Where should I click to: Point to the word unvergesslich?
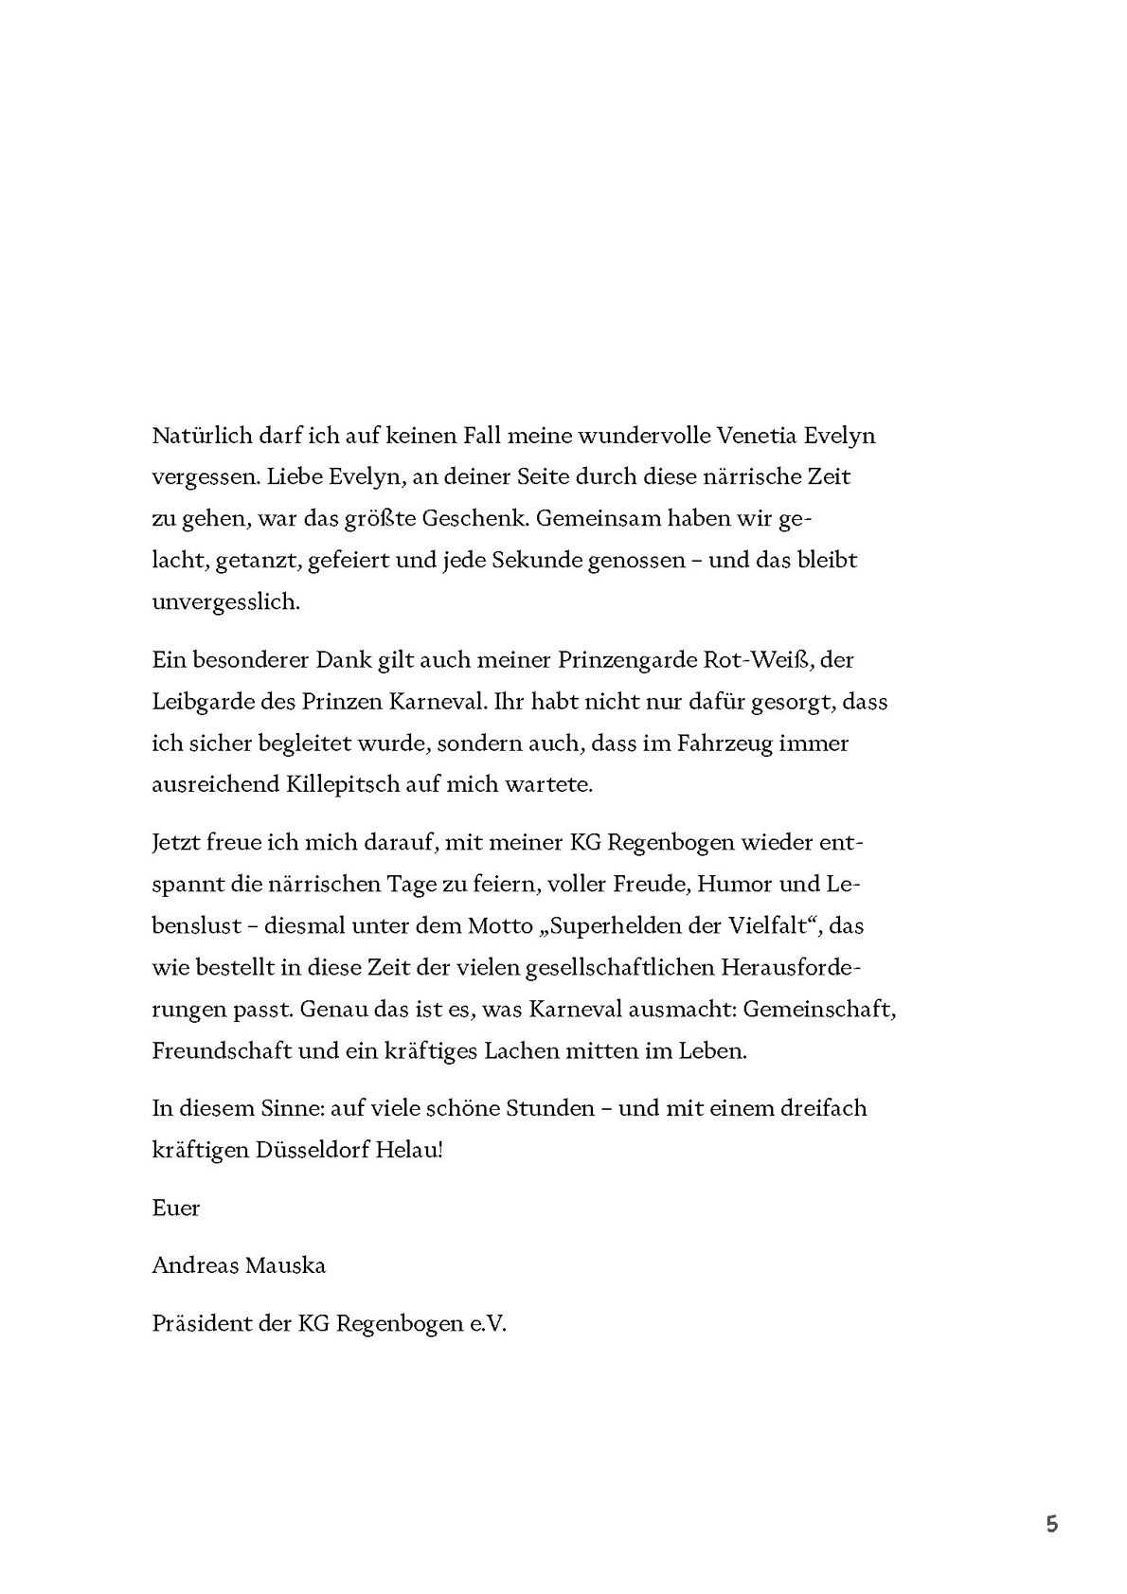[225, 602]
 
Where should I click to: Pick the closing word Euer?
[175, 1209]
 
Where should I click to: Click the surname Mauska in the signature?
[285, 1266]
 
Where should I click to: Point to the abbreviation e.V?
[488, 1324]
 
